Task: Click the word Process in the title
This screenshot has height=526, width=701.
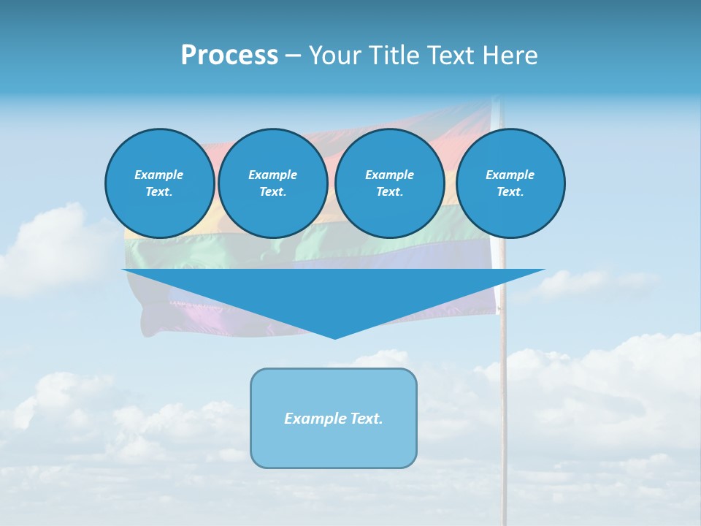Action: coord(229,56)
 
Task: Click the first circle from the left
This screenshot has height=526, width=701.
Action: coord(159,183)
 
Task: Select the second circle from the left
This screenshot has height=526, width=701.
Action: coord(272,183)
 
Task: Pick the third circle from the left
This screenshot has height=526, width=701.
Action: coord(389,183)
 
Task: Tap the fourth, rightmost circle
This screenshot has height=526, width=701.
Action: coord(510,183)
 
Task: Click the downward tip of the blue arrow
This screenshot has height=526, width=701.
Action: coord(334,337)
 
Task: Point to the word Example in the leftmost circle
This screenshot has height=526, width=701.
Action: coord(159,175)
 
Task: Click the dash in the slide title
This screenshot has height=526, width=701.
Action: coord(293,56)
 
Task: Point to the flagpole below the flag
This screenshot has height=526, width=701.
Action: coord(503,409)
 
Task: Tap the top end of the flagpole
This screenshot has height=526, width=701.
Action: coord(497,100)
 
